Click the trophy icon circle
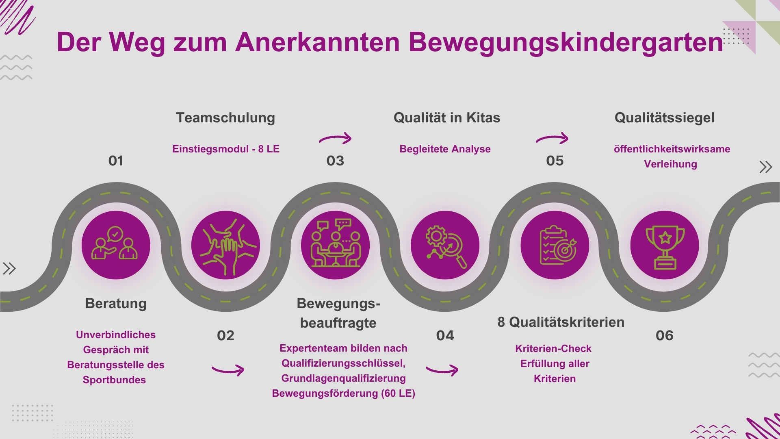coord(665,245)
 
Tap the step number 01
coord(116,161)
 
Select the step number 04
coord(445,335)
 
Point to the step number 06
coord(665,335)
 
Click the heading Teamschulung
coord(225,118)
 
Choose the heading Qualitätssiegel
coord(664,118)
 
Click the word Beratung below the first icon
coord(116,304)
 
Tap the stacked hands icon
coord(225,245)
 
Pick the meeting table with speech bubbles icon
coord(336,243)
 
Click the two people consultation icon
coord(115,243)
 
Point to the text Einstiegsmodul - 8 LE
coord(226,149)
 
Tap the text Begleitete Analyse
coord(445,149)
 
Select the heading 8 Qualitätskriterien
coord(561,322)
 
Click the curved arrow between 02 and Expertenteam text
coord(228,370)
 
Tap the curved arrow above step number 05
coord(552,138)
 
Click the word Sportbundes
coord(114,380)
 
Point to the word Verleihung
coord(670,164)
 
